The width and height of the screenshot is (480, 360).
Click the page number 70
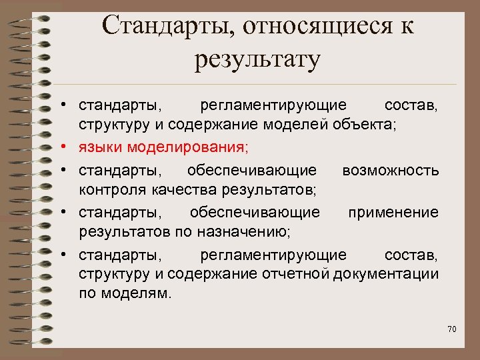(451, 329)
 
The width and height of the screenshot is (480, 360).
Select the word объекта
(369, 124)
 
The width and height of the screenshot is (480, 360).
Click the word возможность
(390, 171)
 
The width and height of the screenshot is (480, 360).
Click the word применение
(393, 212)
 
